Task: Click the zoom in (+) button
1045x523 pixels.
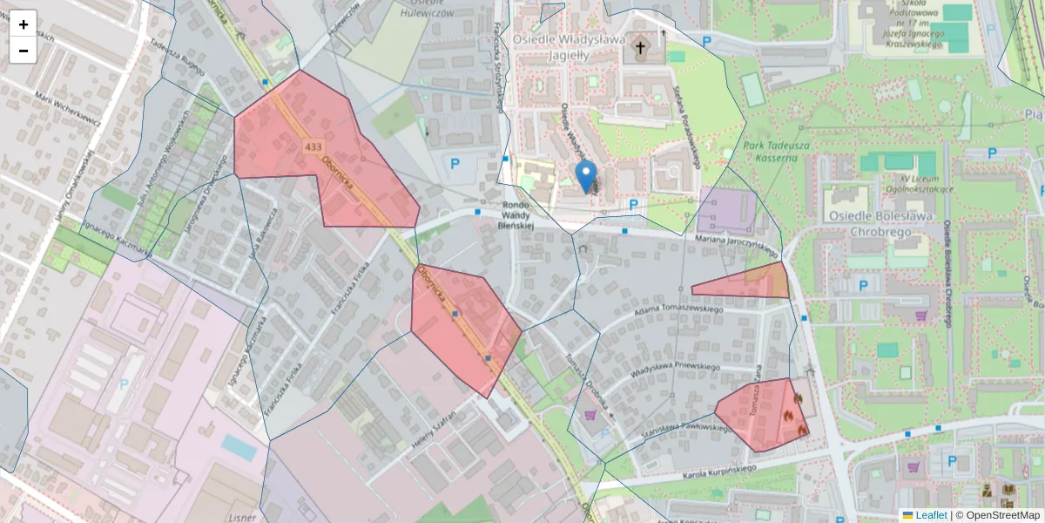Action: tap(24, 24)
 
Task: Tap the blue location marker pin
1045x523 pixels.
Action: tap(586, 175)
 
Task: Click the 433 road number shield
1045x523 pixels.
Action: tap(313, 146)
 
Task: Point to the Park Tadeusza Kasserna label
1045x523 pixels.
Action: tap(771, 152)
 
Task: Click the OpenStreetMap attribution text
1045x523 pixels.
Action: tap(1002, 515)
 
